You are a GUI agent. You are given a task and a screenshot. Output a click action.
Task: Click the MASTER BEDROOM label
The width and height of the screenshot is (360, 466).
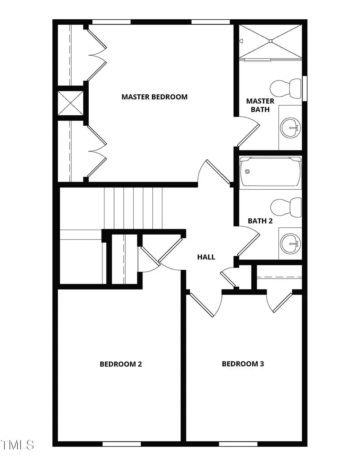pos(154,97)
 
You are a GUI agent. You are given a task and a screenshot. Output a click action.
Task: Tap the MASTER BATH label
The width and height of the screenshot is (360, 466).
pos(260,105)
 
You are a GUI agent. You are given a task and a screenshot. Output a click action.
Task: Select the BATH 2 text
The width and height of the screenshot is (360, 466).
pos(260,221)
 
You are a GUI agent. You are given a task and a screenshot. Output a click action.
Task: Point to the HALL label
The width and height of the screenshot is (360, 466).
pos(206,257)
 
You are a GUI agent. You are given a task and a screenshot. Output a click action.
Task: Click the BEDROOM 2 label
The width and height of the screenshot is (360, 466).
pos(121,364)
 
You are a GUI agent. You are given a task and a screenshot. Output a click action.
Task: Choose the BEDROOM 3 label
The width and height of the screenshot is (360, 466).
pos(243,364)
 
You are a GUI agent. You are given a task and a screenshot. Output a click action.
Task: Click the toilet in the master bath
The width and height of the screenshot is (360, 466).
pos(286,89)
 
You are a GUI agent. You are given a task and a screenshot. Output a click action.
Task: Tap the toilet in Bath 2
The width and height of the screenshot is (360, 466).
pos(286,207)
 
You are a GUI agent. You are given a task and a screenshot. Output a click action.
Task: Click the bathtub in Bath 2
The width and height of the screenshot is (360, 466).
pos(270,173)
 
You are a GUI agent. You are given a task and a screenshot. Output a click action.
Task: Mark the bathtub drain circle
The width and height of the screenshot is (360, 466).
pos(247,172)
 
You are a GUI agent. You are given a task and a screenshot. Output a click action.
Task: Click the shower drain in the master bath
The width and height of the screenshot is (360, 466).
pos(270,41)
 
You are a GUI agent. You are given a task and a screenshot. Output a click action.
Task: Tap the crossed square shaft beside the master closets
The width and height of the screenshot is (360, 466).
pos(70,103)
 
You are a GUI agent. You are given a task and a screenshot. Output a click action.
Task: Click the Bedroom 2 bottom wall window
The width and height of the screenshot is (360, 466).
pos(122,444)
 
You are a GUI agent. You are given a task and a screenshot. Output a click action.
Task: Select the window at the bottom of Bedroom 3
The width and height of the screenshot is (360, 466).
pos(238,444)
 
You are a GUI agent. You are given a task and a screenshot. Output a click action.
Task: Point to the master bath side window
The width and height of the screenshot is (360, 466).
pos(305,88)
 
